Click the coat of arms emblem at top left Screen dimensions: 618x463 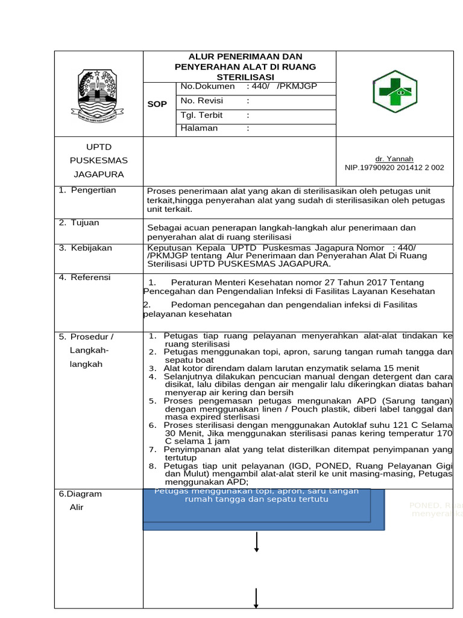98,94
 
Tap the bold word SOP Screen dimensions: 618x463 157,104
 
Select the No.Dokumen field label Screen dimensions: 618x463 203,87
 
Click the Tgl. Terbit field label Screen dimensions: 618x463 201,115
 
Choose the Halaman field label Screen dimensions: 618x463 199,129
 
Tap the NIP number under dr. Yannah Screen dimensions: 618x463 394,168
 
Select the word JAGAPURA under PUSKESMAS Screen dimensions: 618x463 98,174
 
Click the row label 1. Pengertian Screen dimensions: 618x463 87,191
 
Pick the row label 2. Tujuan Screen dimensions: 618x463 79,223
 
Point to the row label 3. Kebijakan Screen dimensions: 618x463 85,248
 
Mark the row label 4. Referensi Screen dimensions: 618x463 85,278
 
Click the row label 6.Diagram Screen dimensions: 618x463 81,494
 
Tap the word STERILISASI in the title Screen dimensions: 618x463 245,77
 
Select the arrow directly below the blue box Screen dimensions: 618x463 257,541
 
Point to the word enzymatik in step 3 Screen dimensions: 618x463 306,368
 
